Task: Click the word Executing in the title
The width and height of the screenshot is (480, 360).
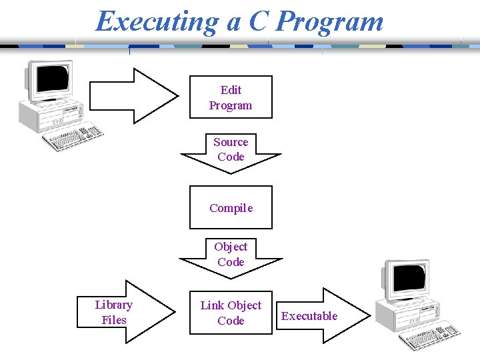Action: [157, 21]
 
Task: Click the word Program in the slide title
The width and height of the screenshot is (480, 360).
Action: [330, 21]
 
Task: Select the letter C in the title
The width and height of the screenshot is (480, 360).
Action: [258, 21]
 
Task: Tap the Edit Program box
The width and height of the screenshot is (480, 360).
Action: [231, 97]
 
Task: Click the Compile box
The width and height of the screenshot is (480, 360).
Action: [231, 207]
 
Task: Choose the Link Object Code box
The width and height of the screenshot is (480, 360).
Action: [231, 313]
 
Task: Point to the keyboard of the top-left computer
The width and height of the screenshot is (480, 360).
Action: [73, 137]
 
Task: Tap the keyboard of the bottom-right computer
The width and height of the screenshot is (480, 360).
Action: [429, 336]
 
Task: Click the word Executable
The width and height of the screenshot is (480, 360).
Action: [309, 316]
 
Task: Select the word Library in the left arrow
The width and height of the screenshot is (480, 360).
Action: [114, 305]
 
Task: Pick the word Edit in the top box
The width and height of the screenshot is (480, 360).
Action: [231, 90]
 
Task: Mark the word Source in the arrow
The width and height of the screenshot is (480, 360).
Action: [231, 142]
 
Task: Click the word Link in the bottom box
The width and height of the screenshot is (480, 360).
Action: [212, 305]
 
